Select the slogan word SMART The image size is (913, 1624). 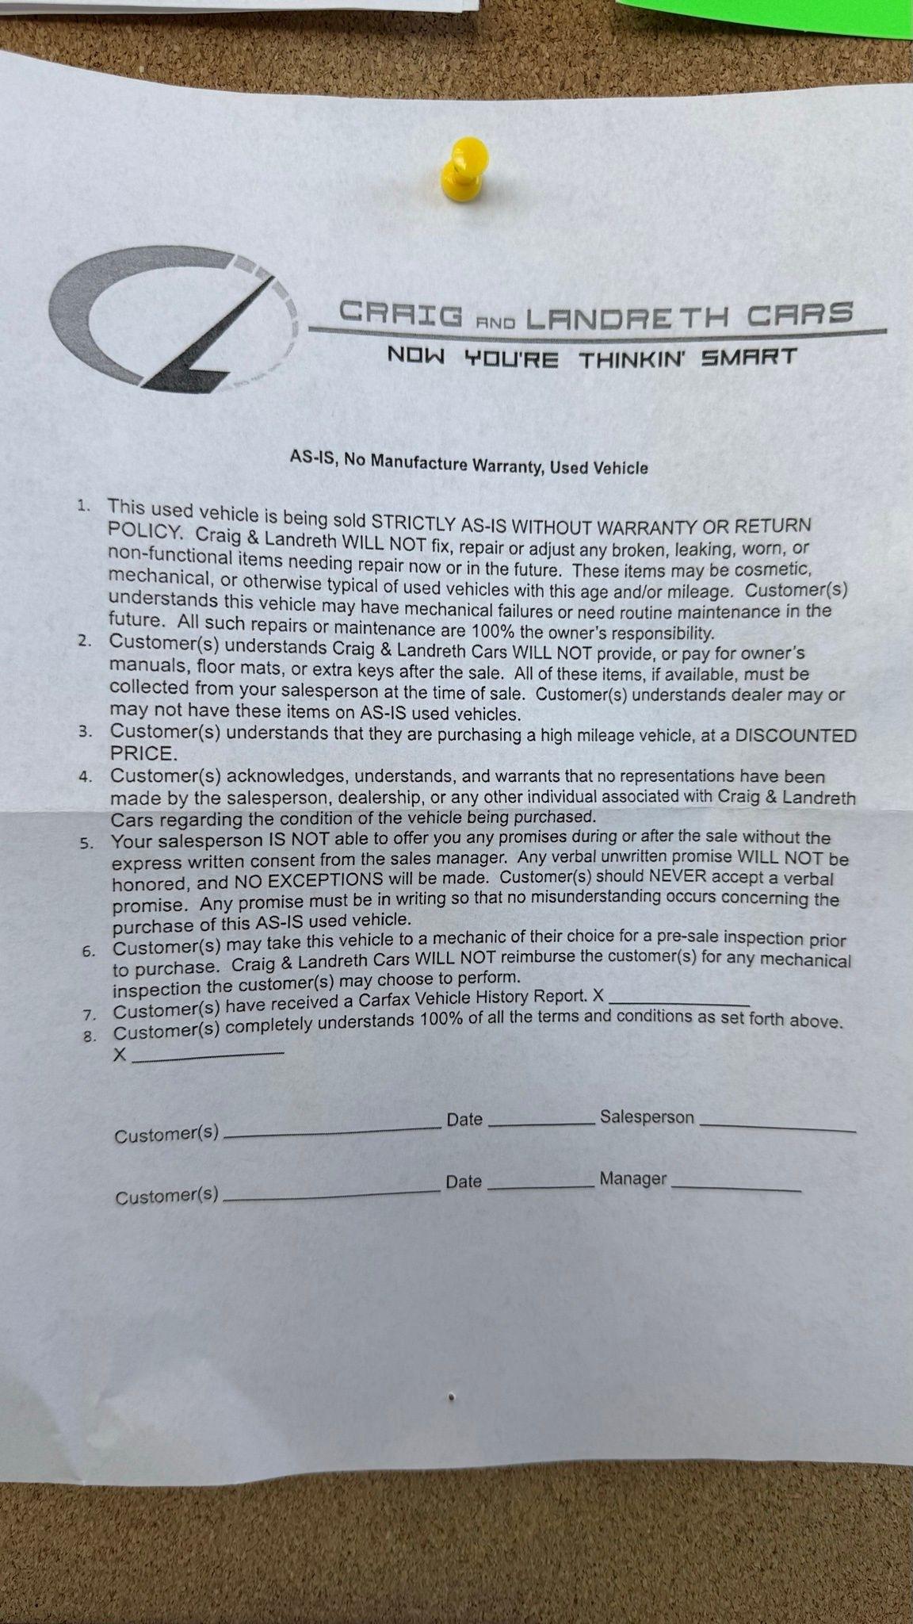click(748, 357)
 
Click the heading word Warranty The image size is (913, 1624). click(507, 465)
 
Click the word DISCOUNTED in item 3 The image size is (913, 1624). click(796, 736)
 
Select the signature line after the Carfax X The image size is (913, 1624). click(680, 1003)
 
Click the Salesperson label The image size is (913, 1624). click(647, 1117)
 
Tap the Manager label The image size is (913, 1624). click(632, 1179)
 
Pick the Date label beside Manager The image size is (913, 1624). click(464, 1182)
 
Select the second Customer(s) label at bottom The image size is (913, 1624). click(166, 1195)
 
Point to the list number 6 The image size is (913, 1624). click(89, 951)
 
